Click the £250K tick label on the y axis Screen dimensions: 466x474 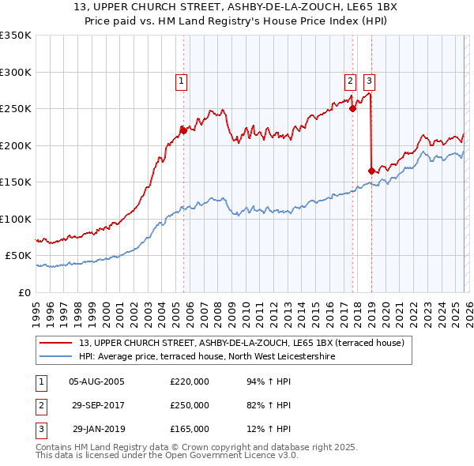16,108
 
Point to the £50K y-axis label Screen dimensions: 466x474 18,256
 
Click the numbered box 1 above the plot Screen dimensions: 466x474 182,80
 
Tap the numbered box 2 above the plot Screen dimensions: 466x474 349,80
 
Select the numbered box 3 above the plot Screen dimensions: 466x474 369,80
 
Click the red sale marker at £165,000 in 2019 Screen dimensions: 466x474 371,171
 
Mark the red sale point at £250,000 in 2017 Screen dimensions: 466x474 352,109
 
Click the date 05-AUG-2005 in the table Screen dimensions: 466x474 96,381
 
